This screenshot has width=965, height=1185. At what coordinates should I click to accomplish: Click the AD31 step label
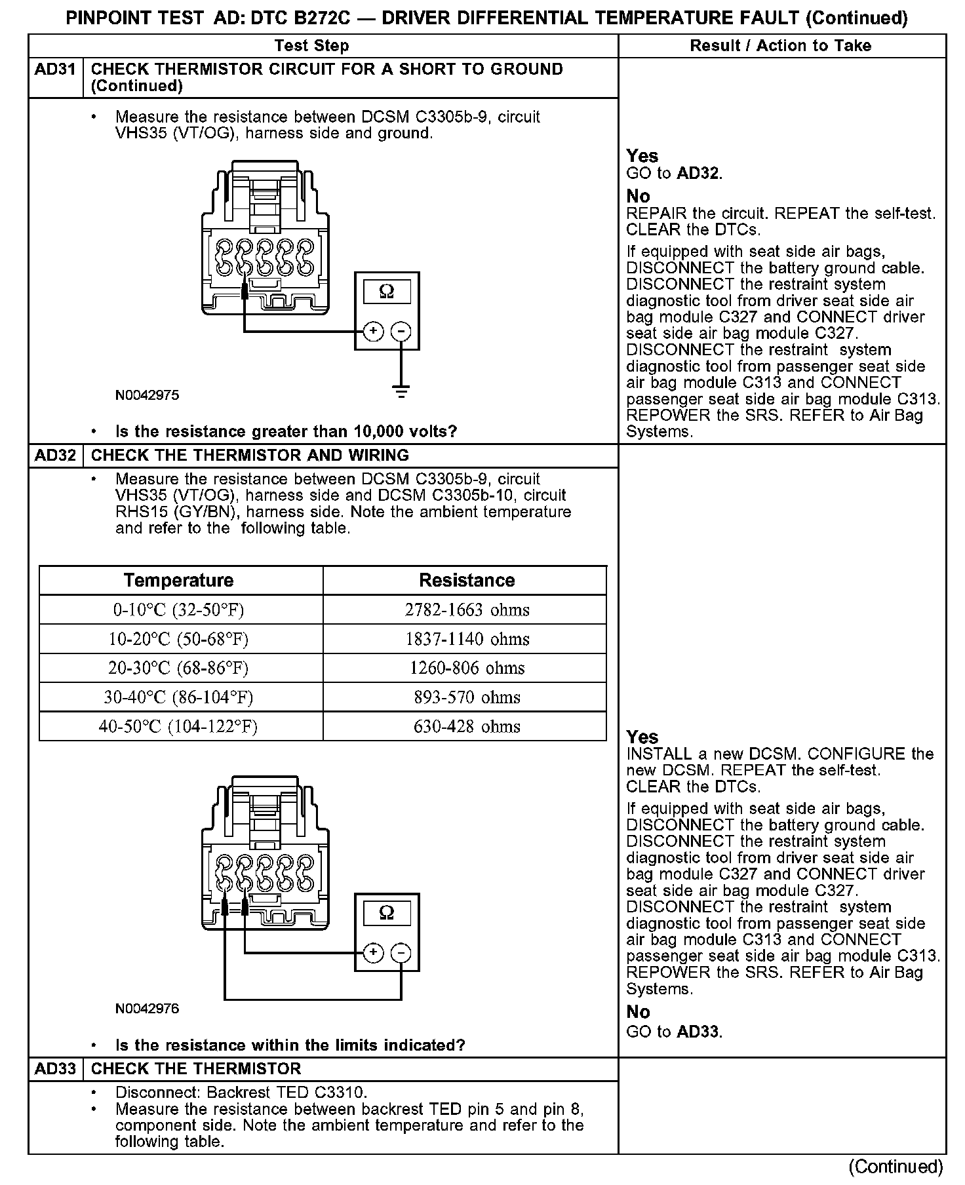point(56,69)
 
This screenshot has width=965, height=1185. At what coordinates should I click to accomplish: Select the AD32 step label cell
point(56,456)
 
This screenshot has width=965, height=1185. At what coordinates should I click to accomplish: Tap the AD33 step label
point(56,1069)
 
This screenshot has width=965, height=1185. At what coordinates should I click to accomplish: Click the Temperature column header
point(178,581)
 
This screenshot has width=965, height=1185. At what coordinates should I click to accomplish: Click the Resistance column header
point(467,581)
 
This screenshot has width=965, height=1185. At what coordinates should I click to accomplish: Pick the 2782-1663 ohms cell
point(467,610)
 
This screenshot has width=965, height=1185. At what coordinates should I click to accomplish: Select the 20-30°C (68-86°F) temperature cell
point(178,669)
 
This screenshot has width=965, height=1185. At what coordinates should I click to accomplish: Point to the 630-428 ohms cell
point(467,727)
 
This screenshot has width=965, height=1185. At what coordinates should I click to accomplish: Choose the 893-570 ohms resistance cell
point(467,697)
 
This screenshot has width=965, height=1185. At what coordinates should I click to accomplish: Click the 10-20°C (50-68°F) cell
point(178,639)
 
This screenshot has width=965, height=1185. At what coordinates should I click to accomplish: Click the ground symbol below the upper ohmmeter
point(401,392)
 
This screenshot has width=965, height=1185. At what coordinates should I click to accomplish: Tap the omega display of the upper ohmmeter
point(387,292)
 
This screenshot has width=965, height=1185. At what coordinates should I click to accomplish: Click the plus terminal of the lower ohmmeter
point(373,953)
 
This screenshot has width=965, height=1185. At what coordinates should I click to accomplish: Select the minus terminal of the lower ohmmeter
point(401,953)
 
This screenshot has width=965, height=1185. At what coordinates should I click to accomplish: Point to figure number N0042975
point(147,396)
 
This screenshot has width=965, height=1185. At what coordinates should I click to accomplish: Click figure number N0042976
point(147,1009)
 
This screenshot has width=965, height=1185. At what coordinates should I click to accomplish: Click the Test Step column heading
point(311,46)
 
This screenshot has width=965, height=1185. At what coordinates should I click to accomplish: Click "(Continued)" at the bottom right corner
point(896,1167)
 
